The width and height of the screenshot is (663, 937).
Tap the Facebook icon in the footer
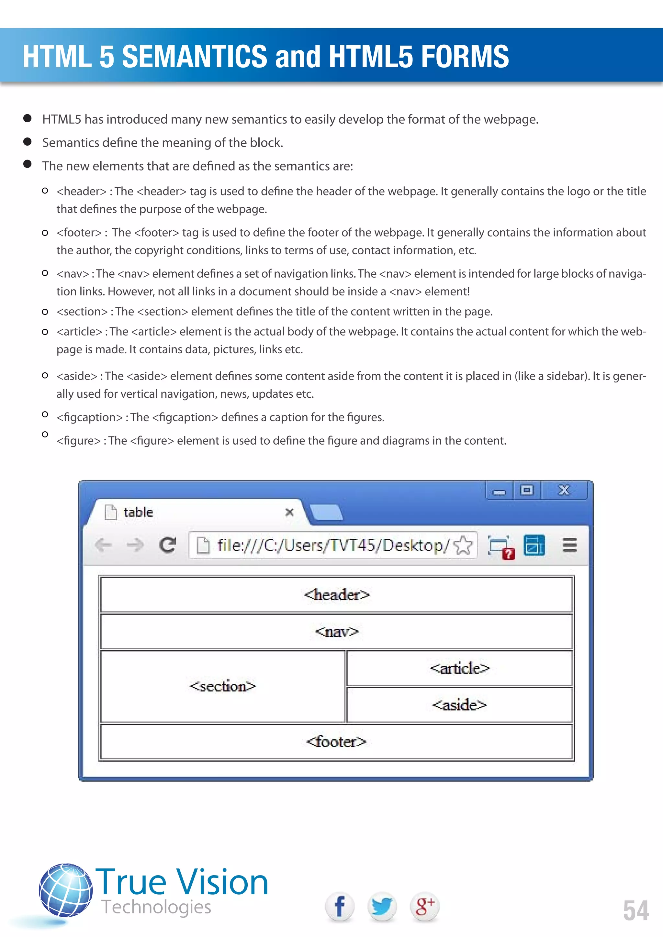point(339,907)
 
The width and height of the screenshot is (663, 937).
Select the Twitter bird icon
point(382,907)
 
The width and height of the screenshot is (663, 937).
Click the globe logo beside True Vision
point(66,890)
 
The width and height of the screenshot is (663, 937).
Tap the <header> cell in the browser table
point(336,595)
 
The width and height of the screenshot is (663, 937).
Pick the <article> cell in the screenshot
point(459,668)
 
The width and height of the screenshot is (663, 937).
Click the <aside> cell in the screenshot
point(459,705)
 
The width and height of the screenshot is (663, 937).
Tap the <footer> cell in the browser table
point(336,742)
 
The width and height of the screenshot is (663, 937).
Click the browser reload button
point(167,545)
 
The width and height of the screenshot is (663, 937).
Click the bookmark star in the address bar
point(463,545)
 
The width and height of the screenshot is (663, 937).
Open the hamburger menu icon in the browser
point(569,545)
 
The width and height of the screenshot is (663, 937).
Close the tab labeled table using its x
point(289,512)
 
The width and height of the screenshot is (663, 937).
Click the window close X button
point(564,490)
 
